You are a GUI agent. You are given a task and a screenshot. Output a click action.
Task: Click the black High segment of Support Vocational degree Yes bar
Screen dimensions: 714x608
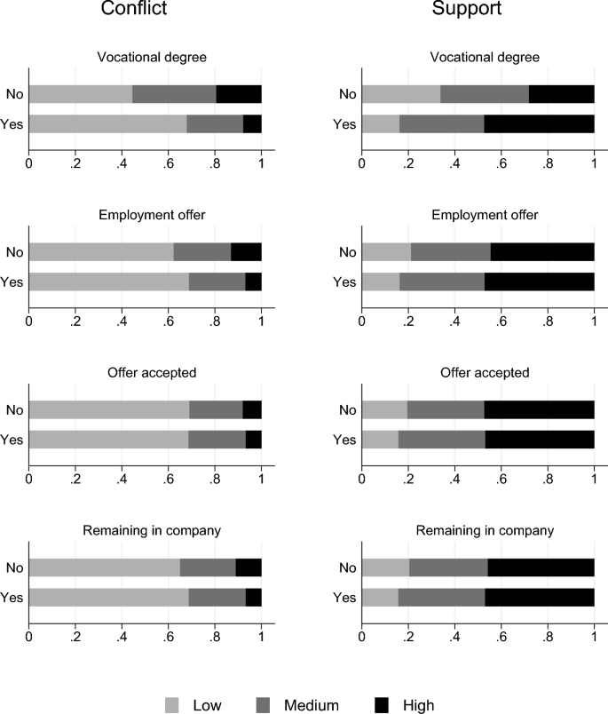539,124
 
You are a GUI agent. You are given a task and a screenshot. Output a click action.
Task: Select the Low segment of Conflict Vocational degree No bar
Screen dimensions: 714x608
81,94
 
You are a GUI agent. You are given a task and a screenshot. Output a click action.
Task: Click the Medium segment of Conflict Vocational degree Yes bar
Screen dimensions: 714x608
215,124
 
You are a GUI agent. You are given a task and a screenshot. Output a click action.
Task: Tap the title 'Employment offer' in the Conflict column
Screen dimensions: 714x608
145,218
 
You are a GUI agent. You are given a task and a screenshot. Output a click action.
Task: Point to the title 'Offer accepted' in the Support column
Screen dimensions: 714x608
478,373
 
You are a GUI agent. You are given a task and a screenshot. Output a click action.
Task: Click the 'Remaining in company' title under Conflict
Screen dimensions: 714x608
145,530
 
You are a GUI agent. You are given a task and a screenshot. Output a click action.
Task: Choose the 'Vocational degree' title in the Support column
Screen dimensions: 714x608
478,59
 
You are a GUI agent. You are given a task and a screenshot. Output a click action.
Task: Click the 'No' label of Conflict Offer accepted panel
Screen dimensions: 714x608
15,409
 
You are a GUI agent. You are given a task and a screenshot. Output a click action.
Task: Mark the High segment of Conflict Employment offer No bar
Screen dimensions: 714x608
246,252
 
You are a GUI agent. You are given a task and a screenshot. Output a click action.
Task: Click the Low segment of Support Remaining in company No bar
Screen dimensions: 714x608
385,567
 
